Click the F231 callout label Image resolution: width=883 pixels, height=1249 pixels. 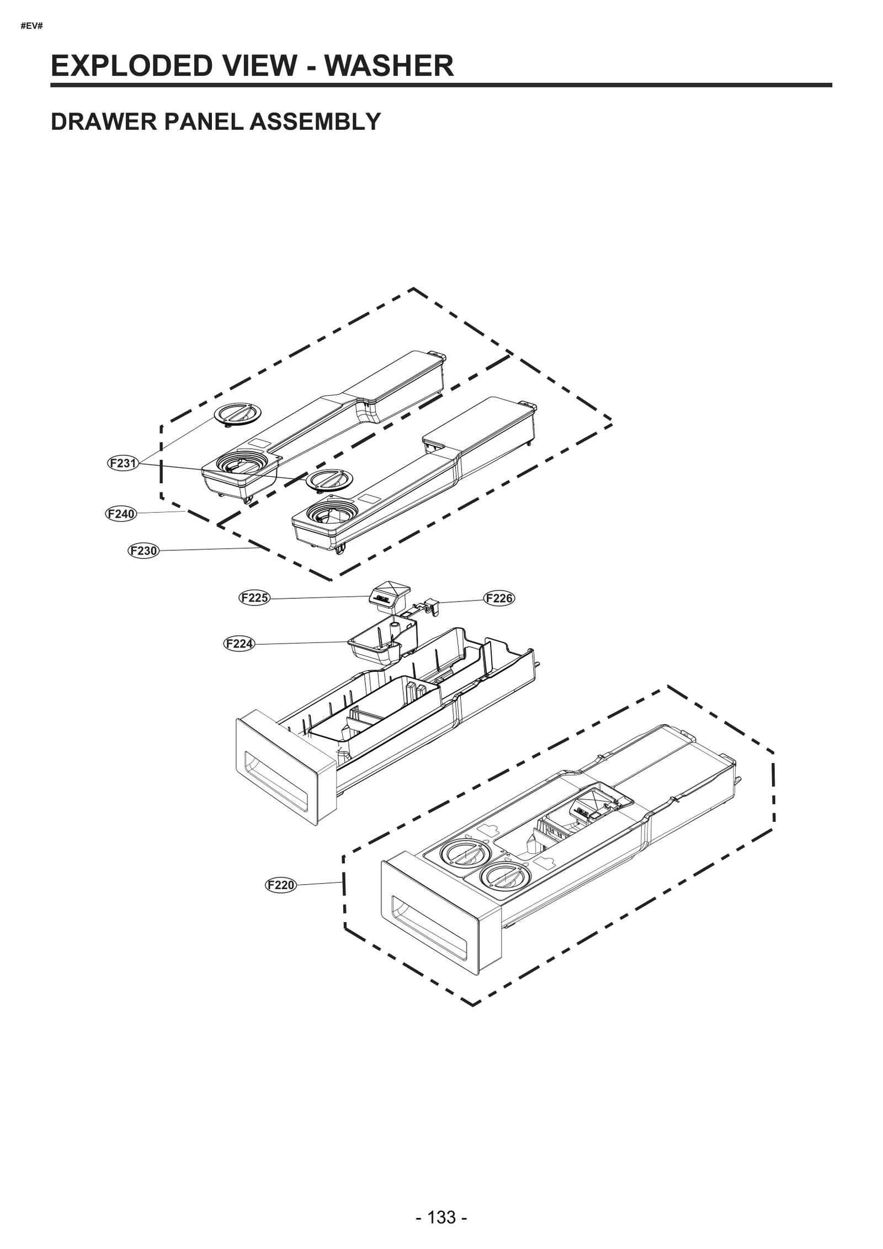[x=122, y=463]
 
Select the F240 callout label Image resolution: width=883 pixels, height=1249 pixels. [x=121, y=514]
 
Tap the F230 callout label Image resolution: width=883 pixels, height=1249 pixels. [x=143, y=551]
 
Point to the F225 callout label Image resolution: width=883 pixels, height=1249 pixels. [x=254, y=598]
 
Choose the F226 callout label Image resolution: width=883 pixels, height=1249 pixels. [x=499, y=598]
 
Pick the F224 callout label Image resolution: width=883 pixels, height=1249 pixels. [x=240, y=644]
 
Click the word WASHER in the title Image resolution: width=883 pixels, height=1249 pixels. [x=389, y=66]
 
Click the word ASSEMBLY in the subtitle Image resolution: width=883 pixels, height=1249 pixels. [x=315, y=121]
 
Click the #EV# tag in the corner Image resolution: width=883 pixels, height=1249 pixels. [x=31, y=26]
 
